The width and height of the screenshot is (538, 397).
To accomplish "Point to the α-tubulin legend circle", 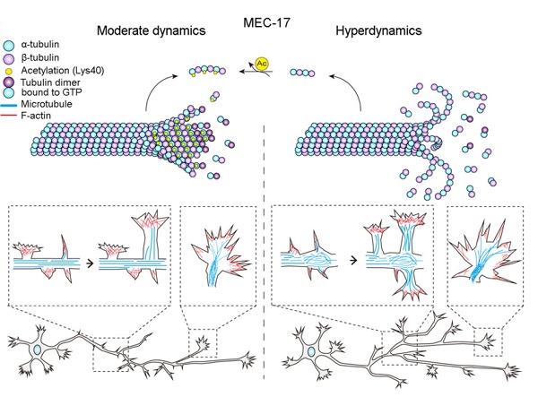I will [x=10, y=44].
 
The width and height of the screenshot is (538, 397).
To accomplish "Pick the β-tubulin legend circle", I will [x=10, y=57].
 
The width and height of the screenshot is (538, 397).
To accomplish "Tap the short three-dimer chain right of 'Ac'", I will [x=305, y=66].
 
